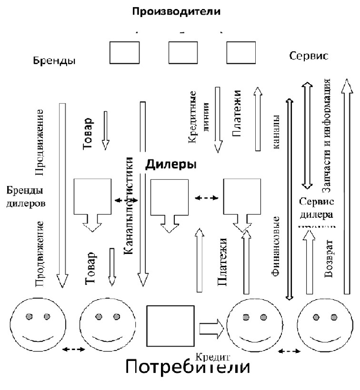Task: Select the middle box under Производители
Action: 183,52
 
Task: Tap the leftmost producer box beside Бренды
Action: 125,52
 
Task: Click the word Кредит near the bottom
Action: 213,356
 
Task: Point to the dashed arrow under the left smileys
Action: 74,350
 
